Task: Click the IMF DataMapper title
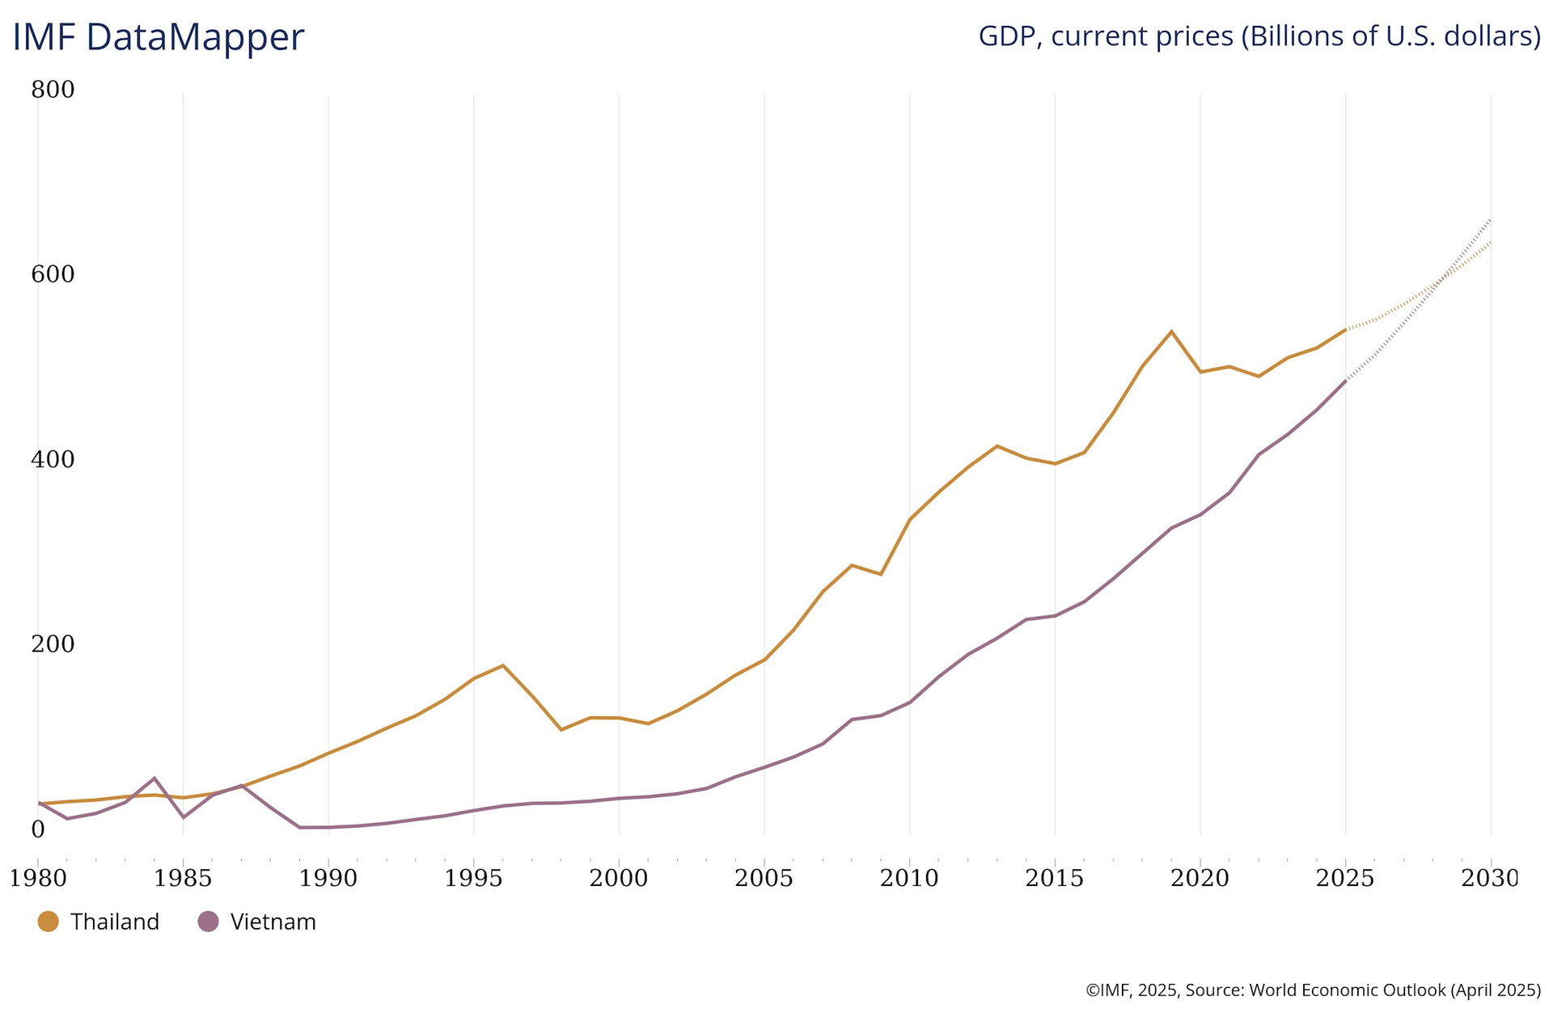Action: pos(159,37)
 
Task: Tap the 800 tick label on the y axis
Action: pos(53,90)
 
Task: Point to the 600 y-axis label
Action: pos(53,275)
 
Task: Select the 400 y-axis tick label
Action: pos(53,460)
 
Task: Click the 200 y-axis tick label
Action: pos(53,644)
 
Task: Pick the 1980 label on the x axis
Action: pos(37,878)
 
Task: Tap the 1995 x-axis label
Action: pos(473,878)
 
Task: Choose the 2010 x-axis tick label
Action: pos(909,878)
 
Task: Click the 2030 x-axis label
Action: pos(1490,878)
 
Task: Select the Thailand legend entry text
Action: pos(114,922)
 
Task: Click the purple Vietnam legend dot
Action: pos(208,921)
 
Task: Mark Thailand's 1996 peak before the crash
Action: pos(503,665)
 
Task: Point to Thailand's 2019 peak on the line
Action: pos(1171,331)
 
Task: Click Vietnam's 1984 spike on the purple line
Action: pos(154,779)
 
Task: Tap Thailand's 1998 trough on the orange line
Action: pos(561,730)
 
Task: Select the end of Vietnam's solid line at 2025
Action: pos(1345,380)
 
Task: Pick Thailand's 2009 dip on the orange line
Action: pos(881,574)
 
